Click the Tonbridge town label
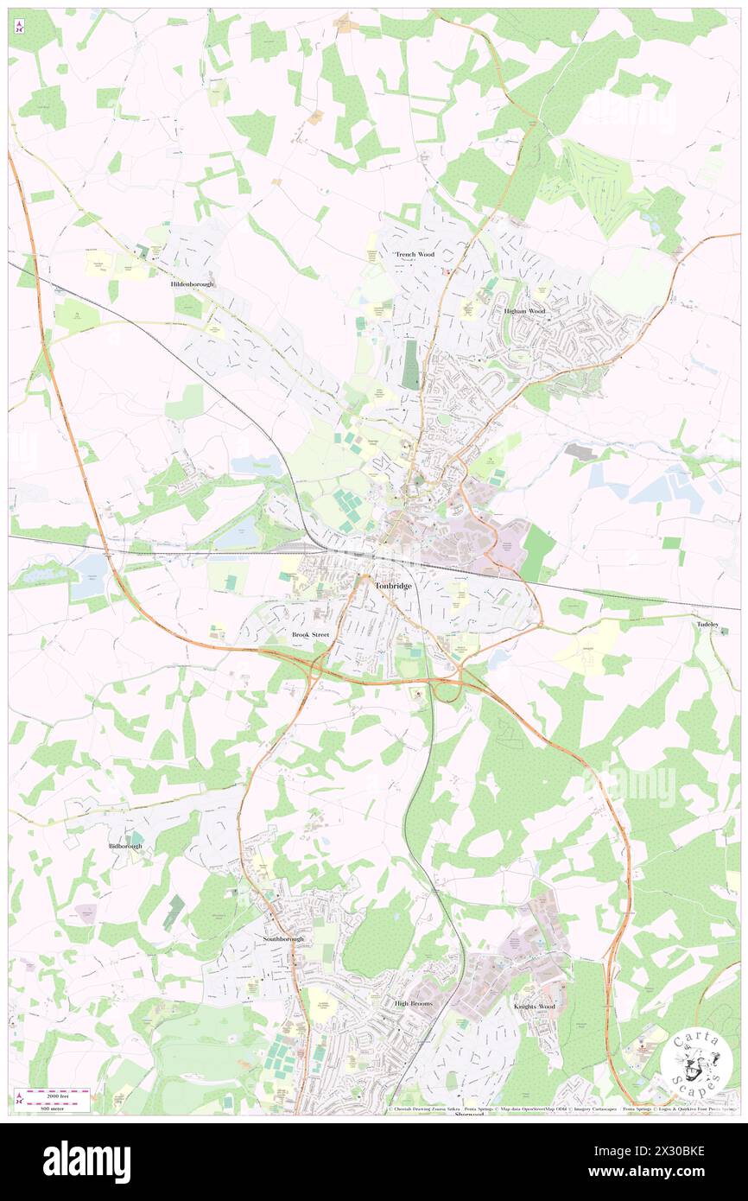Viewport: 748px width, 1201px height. pyautogui.click(x=394, y=586)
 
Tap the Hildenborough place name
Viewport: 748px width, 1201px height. pyautogui.click(x=192, y=283)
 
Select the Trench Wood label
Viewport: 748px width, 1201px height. pyautogui.click(x=415, y=254)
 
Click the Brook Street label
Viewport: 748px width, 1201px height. pyautogui.click(x=310, y=634)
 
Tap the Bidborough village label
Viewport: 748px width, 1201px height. pyautogui.click(x=125, y=845)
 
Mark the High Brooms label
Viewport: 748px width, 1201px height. pyautogui.click(x=413, y=1003)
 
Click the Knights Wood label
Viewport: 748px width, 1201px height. pyautogui.click(x=536, y=1007)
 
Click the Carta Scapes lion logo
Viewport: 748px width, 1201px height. pyautogui.click(x=696, y=1063)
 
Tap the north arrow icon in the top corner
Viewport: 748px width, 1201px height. pyautogui.click(x=18, y=26)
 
